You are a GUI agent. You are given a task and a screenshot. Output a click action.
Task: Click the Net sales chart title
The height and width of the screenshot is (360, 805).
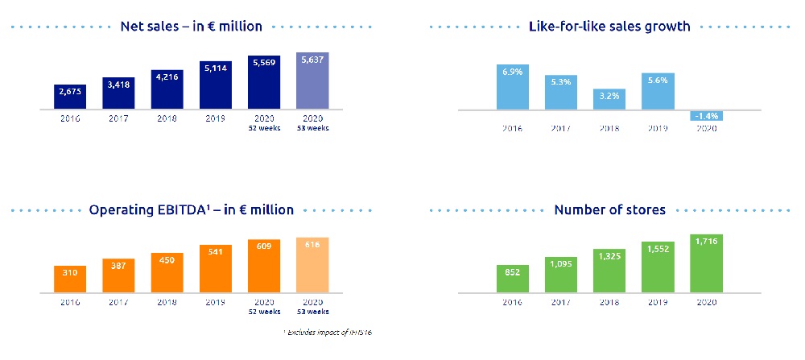point(191,27)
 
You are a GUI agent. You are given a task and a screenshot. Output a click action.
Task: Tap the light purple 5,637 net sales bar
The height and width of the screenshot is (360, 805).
point(312,81)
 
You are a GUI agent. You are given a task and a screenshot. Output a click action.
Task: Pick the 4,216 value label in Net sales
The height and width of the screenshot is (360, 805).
point(167,78)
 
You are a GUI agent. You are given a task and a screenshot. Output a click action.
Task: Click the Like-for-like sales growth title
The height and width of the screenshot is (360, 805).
point(609,27)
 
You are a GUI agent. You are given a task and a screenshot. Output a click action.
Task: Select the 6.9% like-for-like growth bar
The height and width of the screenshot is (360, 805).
point(513,87)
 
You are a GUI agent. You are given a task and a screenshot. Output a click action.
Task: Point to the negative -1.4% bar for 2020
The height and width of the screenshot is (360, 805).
point(706,115)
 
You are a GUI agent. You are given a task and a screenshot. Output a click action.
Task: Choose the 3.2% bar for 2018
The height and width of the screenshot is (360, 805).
point(609,99)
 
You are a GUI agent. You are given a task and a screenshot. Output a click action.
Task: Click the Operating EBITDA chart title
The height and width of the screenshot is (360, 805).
point(191,210)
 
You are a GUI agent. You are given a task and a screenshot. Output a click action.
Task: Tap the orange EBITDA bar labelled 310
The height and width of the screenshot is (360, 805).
point(71,279)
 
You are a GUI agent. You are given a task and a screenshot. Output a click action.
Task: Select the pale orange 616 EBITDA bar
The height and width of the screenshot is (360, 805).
point(312,265)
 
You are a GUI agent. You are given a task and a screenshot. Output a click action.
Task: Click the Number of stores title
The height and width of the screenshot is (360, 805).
point(609,210)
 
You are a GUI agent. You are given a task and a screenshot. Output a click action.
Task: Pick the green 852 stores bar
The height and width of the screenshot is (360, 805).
point(513,278)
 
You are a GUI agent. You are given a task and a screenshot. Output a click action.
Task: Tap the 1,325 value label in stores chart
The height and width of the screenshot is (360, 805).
point(609,255)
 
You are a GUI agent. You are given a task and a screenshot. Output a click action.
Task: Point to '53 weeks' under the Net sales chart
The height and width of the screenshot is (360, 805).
point(312,128)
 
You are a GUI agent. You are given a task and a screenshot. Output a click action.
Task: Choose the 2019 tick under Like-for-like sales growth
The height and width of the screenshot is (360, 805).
point(658,128)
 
